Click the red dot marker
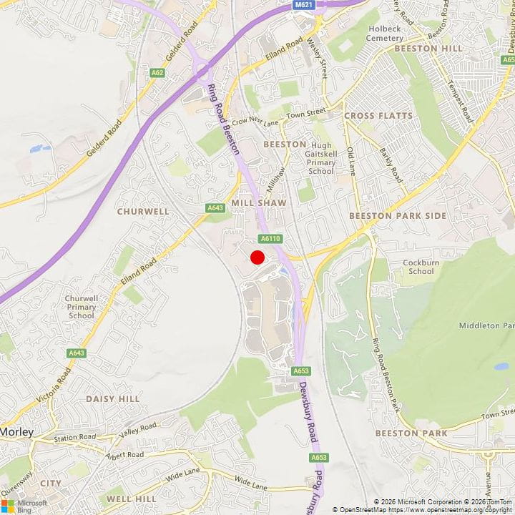click(x=257, y=257)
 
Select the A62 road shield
click(x=157, y=72)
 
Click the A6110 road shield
click(x=268, y=239)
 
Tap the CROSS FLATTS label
click(x=378, y=115)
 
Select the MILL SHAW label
click(x=258, y=203)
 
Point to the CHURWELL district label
click(x=143, y=212)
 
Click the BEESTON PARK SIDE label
click(x=397, y=215)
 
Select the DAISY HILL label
click(x=112, y=398)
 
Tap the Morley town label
click(x=17, y=432)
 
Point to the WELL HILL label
click(x=131, y=498)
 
